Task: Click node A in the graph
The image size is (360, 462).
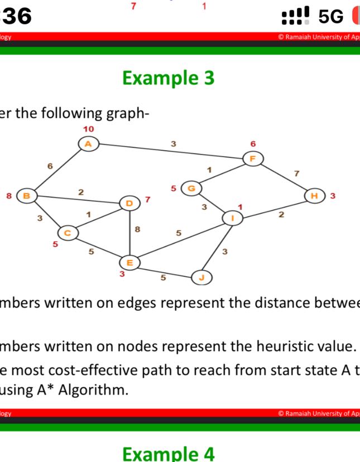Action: click(88, 144)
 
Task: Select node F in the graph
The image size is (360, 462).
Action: click(253, 158)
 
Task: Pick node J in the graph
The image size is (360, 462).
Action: click(201, 277)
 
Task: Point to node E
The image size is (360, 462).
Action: click(129, 262)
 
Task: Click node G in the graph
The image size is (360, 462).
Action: click(191, 188)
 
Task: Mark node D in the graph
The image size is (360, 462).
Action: click(129, 203)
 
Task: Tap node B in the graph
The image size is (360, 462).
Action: click(26, 196)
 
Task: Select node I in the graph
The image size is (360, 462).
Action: click(232, 218)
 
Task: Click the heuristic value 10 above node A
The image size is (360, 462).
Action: click(88, 129)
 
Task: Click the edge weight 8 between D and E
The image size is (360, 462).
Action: click(138, 229)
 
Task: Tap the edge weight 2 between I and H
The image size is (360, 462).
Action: click(281, 215)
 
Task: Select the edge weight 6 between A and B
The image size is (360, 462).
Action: click(50, 166)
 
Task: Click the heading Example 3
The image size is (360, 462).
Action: click(168, 78)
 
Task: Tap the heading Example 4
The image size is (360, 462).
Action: click(168, 453)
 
